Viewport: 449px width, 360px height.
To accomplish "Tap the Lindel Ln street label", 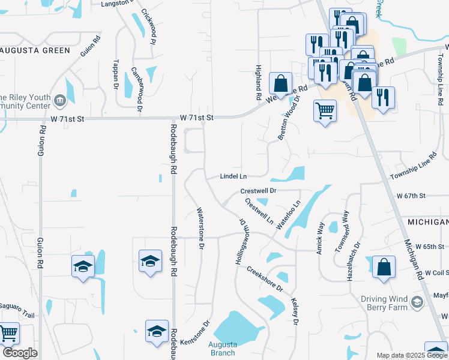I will click(x=234, y=176).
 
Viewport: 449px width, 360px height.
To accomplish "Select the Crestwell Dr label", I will click(x=258, y=190).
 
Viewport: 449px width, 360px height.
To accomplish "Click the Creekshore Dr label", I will click(x=264, y=278).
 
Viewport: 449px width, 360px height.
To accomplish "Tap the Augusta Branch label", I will click(x=223, y=349).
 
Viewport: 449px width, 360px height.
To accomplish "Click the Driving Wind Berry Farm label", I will click(x=384, y=304).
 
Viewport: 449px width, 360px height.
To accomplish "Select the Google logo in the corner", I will click(x=20, y=353).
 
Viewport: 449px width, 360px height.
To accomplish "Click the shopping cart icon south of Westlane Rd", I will click(x=325, y=110).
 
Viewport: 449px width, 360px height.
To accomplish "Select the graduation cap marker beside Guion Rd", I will click(x=83, y=266).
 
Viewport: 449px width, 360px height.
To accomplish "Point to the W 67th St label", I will click(x=411, y=196).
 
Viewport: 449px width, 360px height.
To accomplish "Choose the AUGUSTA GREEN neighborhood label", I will click(x=36, y=50).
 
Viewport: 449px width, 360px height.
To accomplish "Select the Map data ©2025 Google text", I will click(x=412, y=355).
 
